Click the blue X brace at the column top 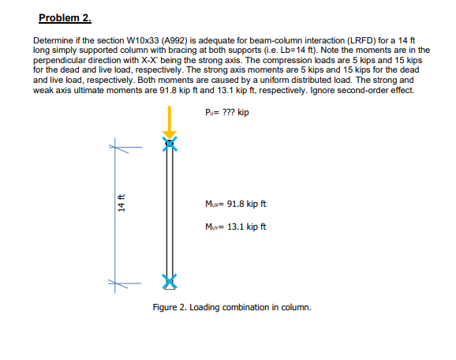(x=167, y=143)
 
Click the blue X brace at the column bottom (x=167, y=281)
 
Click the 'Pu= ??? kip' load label (x=226, y=112)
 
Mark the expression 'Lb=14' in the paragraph (x=299, y=50)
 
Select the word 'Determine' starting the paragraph (x=53, y=39)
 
